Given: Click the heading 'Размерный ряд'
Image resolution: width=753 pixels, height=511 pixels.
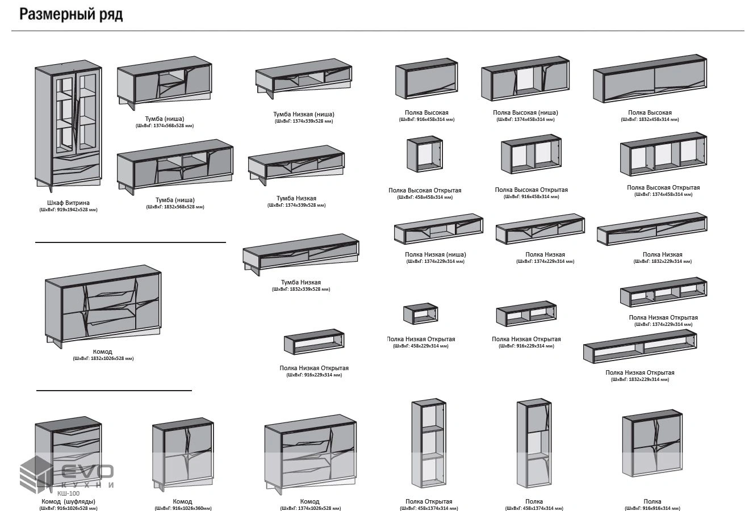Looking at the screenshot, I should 71,14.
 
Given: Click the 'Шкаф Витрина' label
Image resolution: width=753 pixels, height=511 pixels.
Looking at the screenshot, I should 68,203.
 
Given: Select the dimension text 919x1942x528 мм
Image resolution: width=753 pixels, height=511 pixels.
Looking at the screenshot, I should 68,210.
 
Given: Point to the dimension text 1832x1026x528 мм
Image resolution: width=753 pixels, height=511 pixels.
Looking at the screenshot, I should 103,358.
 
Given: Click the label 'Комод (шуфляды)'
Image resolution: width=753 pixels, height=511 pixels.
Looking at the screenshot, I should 68,501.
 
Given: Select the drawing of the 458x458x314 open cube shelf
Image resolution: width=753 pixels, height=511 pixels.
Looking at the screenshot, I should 424,154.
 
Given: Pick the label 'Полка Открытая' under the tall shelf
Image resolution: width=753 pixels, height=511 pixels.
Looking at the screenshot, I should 429,501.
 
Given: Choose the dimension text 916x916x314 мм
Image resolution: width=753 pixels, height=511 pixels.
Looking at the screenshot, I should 652,508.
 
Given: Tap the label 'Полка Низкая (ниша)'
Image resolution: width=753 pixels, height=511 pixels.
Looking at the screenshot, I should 435,255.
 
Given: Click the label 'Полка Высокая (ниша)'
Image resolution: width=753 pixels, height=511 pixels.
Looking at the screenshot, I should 525,112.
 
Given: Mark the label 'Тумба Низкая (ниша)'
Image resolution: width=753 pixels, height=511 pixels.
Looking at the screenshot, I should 303,114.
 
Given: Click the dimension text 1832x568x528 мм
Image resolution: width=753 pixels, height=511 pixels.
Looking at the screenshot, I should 175,207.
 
